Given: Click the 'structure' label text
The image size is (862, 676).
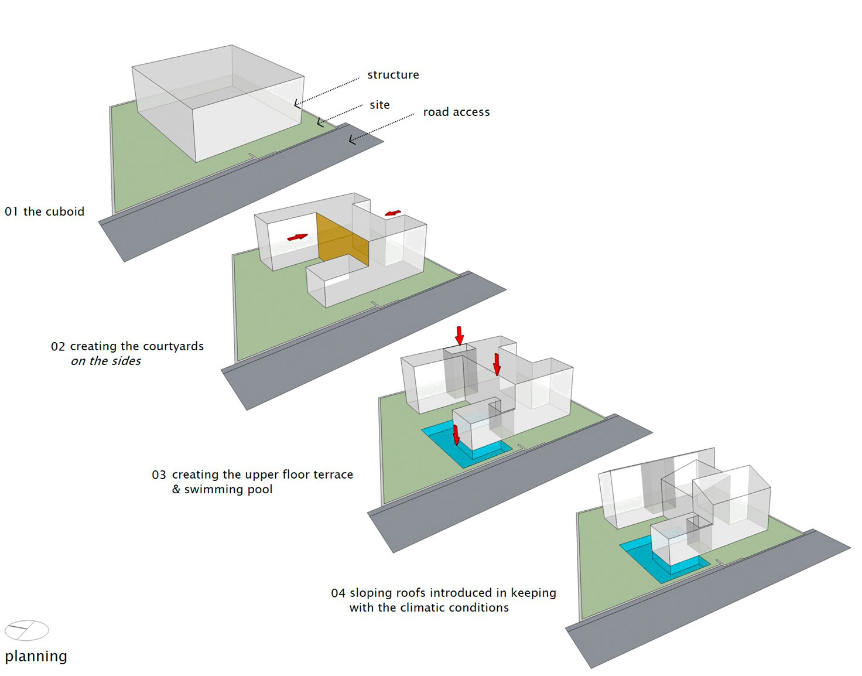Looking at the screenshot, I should (393, 75).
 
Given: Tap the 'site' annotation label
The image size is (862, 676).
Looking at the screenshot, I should (379, 105).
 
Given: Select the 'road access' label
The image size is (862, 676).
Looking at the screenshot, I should (456, 112).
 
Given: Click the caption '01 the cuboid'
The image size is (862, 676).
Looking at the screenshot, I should (45, 211).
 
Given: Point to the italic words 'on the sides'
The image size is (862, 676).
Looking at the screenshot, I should (106, 361).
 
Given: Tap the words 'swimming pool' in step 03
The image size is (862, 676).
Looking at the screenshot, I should (228, 489).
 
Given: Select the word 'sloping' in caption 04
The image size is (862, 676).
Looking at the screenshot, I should (371, 593).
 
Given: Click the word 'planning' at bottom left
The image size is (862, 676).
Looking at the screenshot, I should (36, 656).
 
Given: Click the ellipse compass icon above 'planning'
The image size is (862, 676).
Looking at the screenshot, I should (27, 630).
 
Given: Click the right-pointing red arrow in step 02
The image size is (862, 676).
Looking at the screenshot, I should (297, 237).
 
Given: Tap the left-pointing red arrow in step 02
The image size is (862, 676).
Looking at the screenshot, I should (393, 213).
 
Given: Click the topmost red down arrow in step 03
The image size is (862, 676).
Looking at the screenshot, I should (460, 336).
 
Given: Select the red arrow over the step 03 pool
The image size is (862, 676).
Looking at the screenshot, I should (456, 435).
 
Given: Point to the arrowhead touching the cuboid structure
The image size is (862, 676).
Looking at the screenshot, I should (297, 104).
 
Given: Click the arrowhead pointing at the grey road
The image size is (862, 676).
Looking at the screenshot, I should (351, 139).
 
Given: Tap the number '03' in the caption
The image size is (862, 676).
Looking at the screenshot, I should (159, 475).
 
